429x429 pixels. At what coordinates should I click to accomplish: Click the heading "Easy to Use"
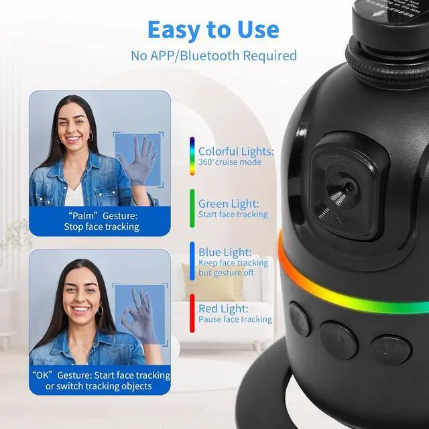click(213, 29)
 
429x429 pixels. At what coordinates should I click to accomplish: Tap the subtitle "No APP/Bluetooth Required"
click(213, 55)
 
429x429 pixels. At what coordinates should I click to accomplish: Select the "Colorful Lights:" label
click(235, 151)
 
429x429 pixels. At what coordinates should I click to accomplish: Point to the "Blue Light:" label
click(225, 252)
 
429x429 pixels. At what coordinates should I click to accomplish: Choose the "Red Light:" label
click(223, 308)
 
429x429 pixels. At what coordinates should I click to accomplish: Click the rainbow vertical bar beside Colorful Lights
click(192, 157)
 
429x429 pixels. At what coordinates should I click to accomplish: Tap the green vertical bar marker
click(192, 208)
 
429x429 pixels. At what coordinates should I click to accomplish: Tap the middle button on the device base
click(339, 339)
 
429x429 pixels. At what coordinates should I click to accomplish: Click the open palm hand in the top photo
click(137, 161)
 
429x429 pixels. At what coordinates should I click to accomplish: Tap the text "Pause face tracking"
click(235, 320)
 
